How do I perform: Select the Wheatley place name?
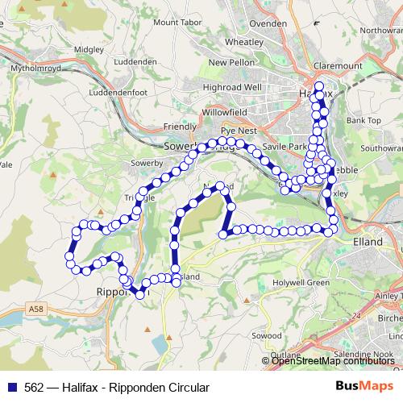pyautogui.click(x=243, y=41)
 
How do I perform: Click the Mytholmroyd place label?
pyautogui.click(x=34, y=69)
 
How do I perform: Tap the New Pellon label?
pyautogui.click(x=231, y=62)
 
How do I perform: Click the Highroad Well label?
pyautogui.click(x=232, y=86)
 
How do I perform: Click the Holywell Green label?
pyautogui.click(x=301, y=283)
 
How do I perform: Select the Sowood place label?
pyautogui.click(x=266, y=334)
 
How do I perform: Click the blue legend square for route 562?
pyautogui.click(x=12, y=388)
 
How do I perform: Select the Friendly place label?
pyautogui.click(x=180, y=127)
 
